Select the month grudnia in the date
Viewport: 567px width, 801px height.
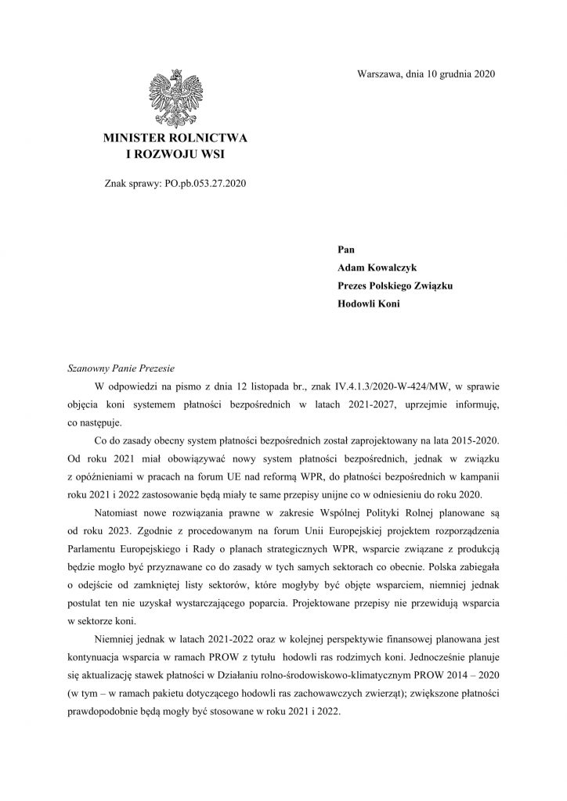(x=455, y=74)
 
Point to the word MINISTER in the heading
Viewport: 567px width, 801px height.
(x=138, y=138)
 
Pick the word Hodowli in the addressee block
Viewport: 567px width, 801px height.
(x=358, y=304)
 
